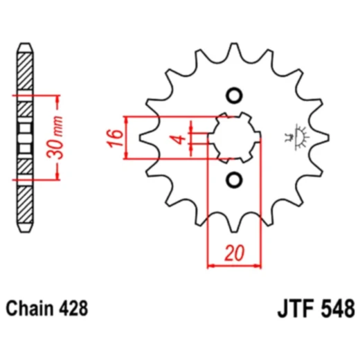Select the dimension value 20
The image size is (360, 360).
click(235, 255)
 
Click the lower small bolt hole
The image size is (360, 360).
click(234, 180)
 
